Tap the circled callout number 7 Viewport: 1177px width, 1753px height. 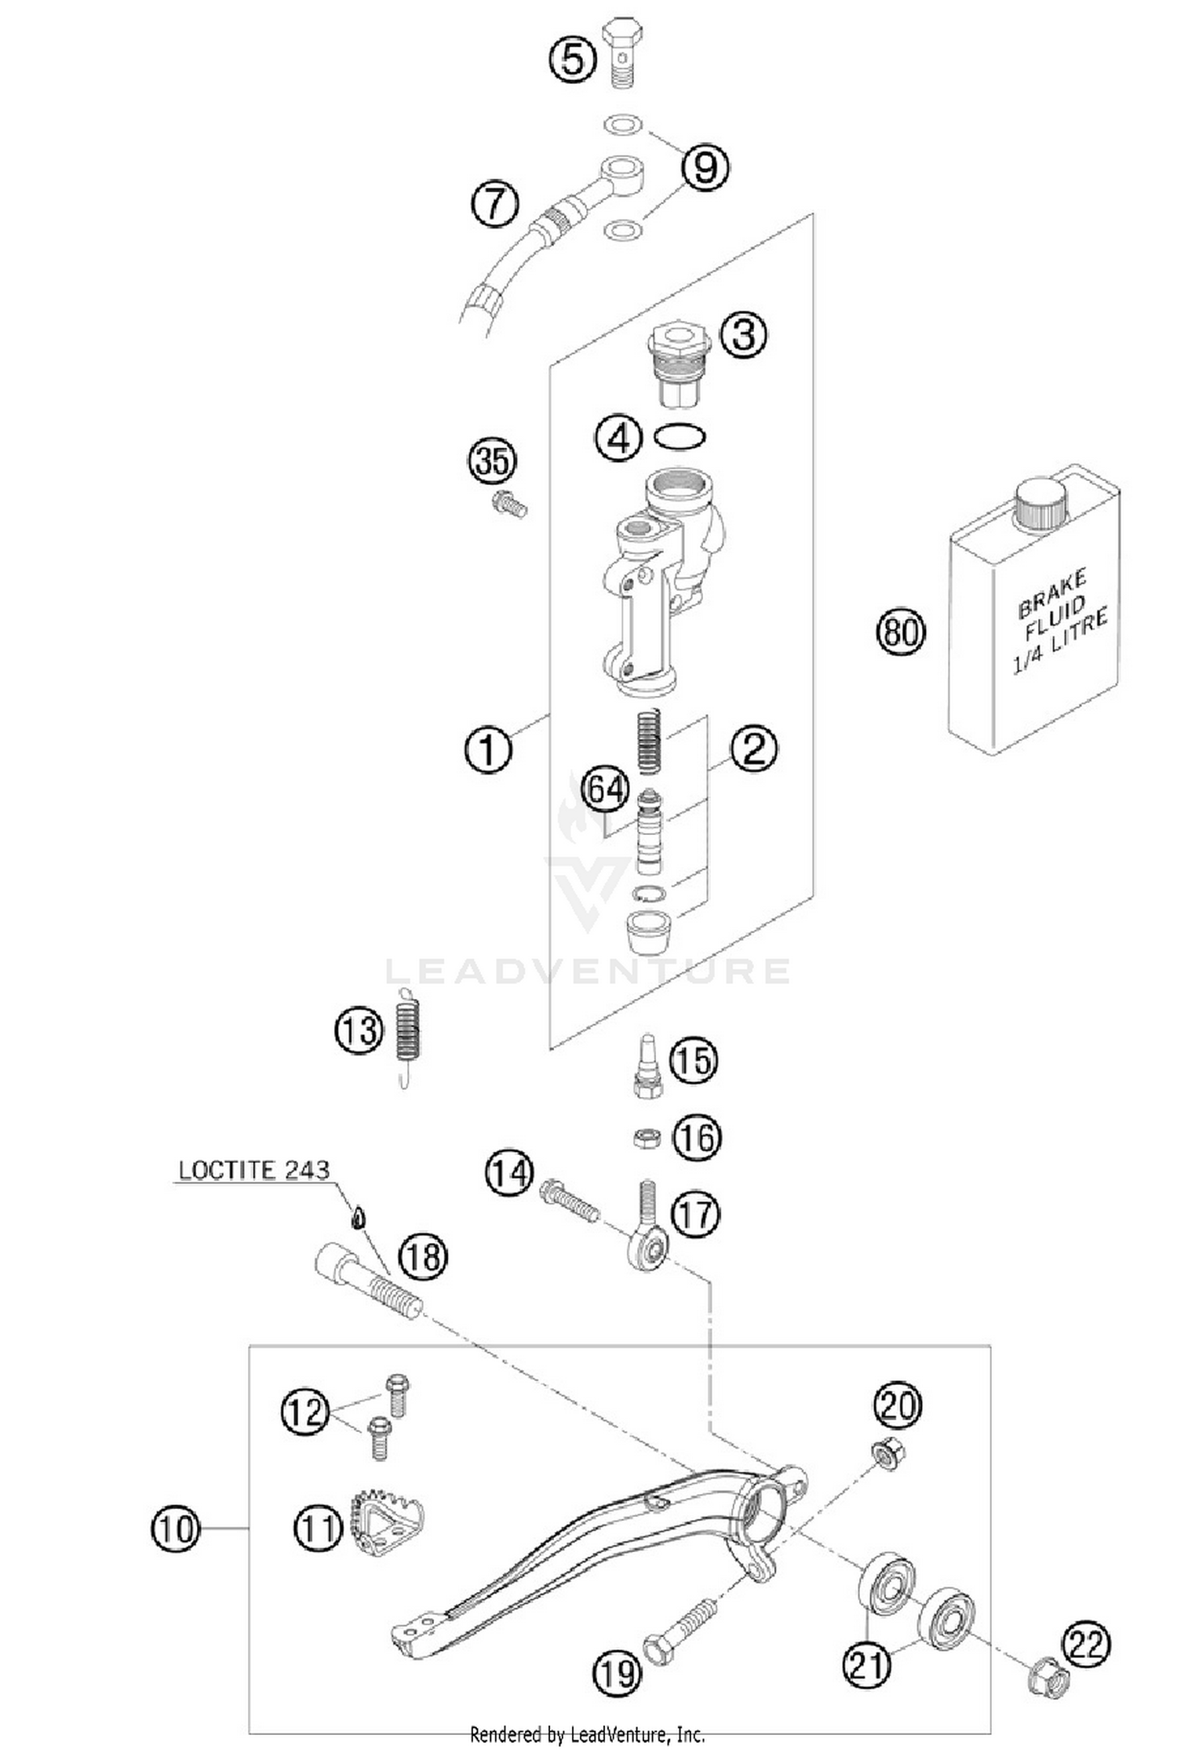click(495, 204)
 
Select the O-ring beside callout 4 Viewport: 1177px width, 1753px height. click(680, 436)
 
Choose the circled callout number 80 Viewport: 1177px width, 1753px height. click(901, 631)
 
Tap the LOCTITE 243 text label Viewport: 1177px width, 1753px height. click(253, 1170)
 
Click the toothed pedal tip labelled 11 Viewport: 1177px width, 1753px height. click(385, 1526)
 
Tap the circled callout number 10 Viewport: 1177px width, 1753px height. click(175, 1528)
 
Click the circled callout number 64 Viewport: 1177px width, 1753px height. click(605, 789)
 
